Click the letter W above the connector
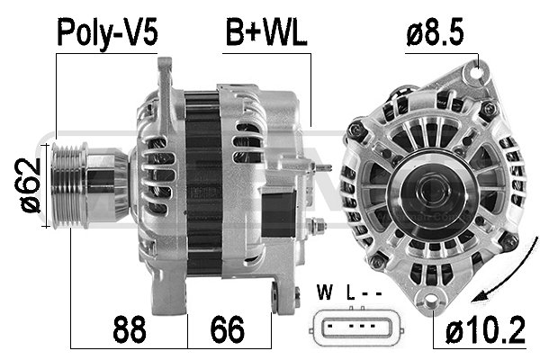326,292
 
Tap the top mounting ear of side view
164,72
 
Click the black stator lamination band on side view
200,180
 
